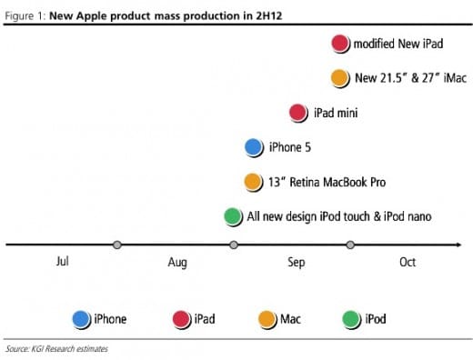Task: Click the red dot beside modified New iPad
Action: [340, 43]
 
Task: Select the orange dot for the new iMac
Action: [340, 78]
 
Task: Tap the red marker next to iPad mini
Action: [298, 113]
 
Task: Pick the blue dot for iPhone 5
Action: [254, 147]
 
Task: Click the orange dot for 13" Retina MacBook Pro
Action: [254, 182]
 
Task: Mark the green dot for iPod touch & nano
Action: [233, 216]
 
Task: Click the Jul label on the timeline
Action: [62, 262]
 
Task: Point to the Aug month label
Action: [177, 263]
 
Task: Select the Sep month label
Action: [297, 263]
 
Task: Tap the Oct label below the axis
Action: [407, 262]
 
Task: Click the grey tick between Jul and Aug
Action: [116, 245]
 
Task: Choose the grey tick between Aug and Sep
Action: [234, 245]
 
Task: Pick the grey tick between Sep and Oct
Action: [350, 245]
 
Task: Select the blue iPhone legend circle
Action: [81, 318]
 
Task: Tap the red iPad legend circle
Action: [180, 318]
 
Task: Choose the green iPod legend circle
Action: [351, 318]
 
